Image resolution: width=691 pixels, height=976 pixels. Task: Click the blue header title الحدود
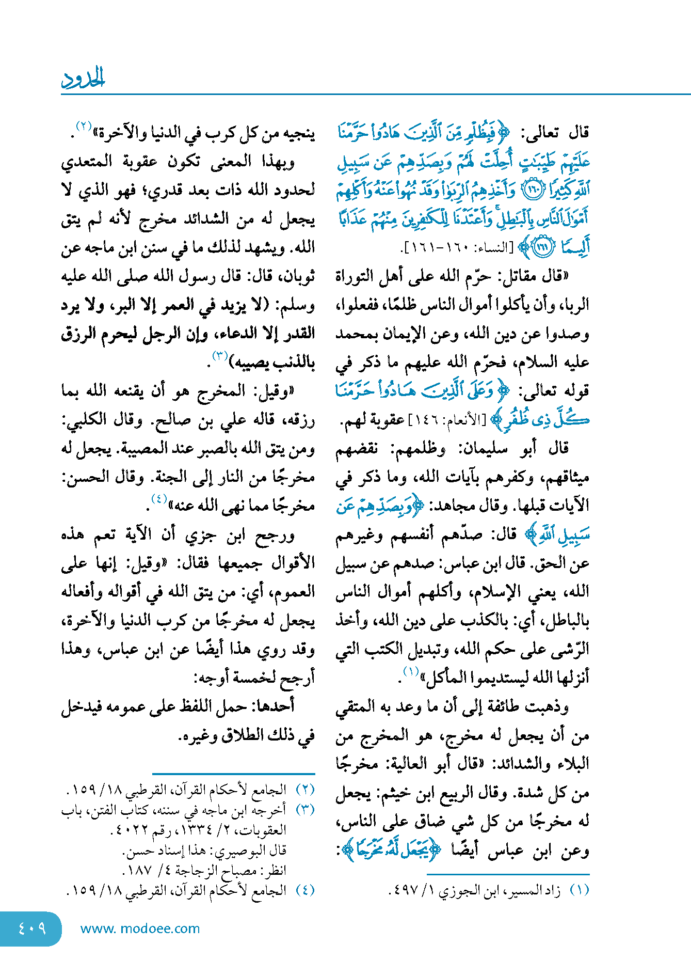(83, 78)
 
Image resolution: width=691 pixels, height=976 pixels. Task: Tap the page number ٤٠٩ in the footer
(32, 928)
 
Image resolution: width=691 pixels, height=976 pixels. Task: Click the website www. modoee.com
(140, 928)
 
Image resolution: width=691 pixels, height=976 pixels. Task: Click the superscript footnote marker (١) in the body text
(411, 671)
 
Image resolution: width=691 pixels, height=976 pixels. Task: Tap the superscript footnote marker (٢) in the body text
(84, 125)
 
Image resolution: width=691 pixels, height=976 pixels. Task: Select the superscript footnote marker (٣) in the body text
(220, 355)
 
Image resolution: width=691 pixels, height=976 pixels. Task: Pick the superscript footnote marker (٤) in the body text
(158, 498)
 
